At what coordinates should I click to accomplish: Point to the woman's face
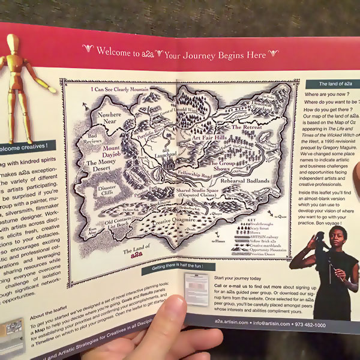(x=338, y=236)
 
